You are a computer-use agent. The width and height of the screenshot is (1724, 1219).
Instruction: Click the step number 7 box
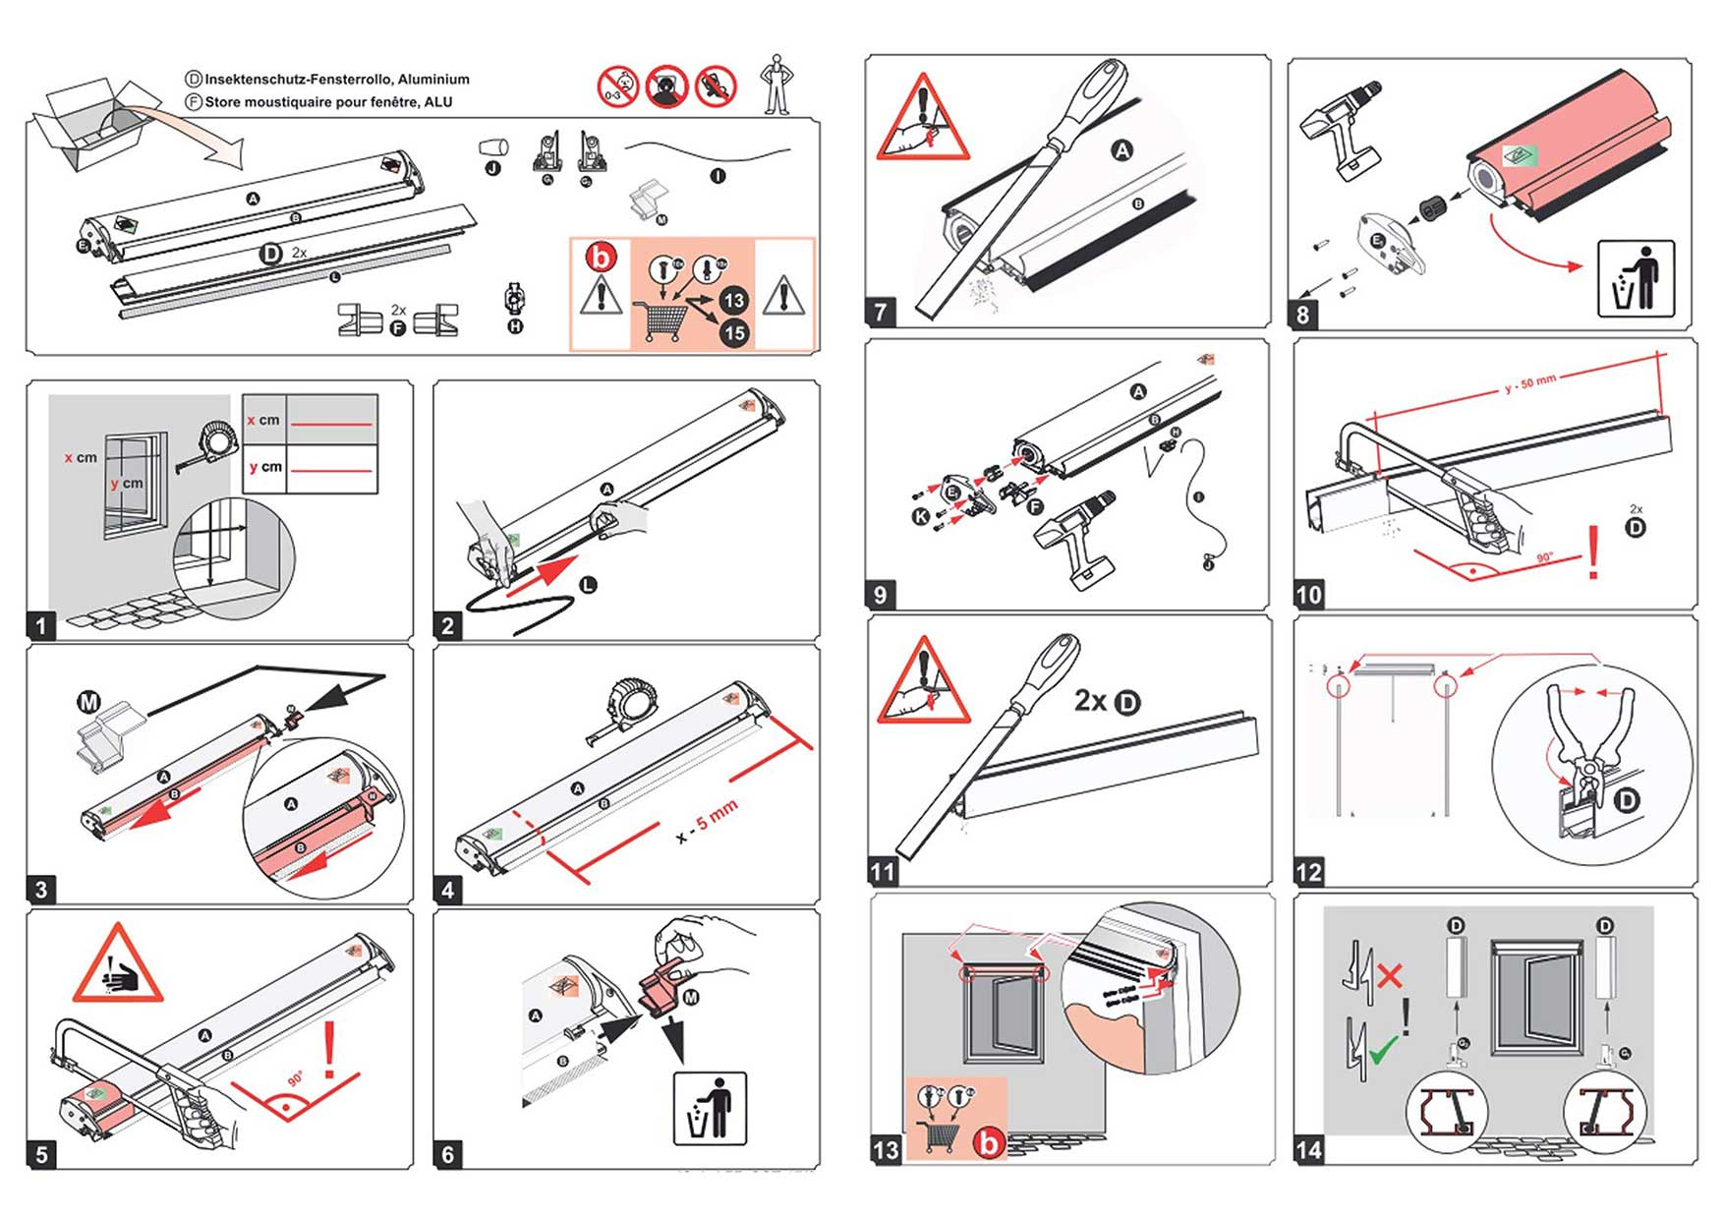coord(881,313)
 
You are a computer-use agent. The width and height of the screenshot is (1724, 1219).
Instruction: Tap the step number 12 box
coord(1309,872)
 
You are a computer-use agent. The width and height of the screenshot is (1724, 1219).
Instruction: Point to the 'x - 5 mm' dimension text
coord(707,822)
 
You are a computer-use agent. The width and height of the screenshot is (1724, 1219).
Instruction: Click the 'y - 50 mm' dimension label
coord(1529,383)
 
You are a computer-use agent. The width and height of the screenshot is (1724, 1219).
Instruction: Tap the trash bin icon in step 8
coord(1636,278)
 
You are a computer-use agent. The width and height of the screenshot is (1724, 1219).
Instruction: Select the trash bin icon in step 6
coord(710,1109)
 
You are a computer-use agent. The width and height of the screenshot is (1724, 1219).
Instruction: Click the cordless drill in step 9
coord(1077,537)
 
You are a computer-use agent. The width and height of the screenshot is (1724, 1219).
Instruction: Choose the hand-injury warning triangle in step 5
coord(118,965)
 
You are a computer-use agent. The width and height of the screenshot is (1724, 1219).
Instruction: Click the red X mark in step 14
coord(1389,976)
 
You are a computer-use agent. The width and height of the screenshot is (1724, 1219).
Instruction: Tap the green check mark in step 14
coord(1384,1051)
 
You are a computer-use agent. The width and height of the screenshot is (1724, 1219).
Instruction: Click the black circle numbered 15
coord(734,333)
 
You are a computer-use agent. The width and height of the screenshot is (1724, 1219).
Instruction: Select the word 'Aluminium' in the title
coord(433,80)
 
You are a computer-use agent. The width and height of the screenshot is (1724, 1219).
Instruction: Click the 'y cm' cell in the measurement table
coord(265,467)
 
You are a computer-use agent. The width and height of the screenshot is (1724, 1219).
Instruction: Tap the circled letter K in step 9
coord(921,516)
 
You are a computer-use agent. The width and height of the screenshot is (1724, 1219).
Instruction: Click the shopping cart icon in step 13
coord(940,1136)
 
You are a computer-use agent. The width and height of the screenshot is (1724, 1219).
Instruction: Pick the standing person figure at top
coord(777,85)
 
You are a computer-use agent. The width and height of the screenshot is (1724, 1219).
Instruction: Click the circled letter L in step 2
coord(588,585)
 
